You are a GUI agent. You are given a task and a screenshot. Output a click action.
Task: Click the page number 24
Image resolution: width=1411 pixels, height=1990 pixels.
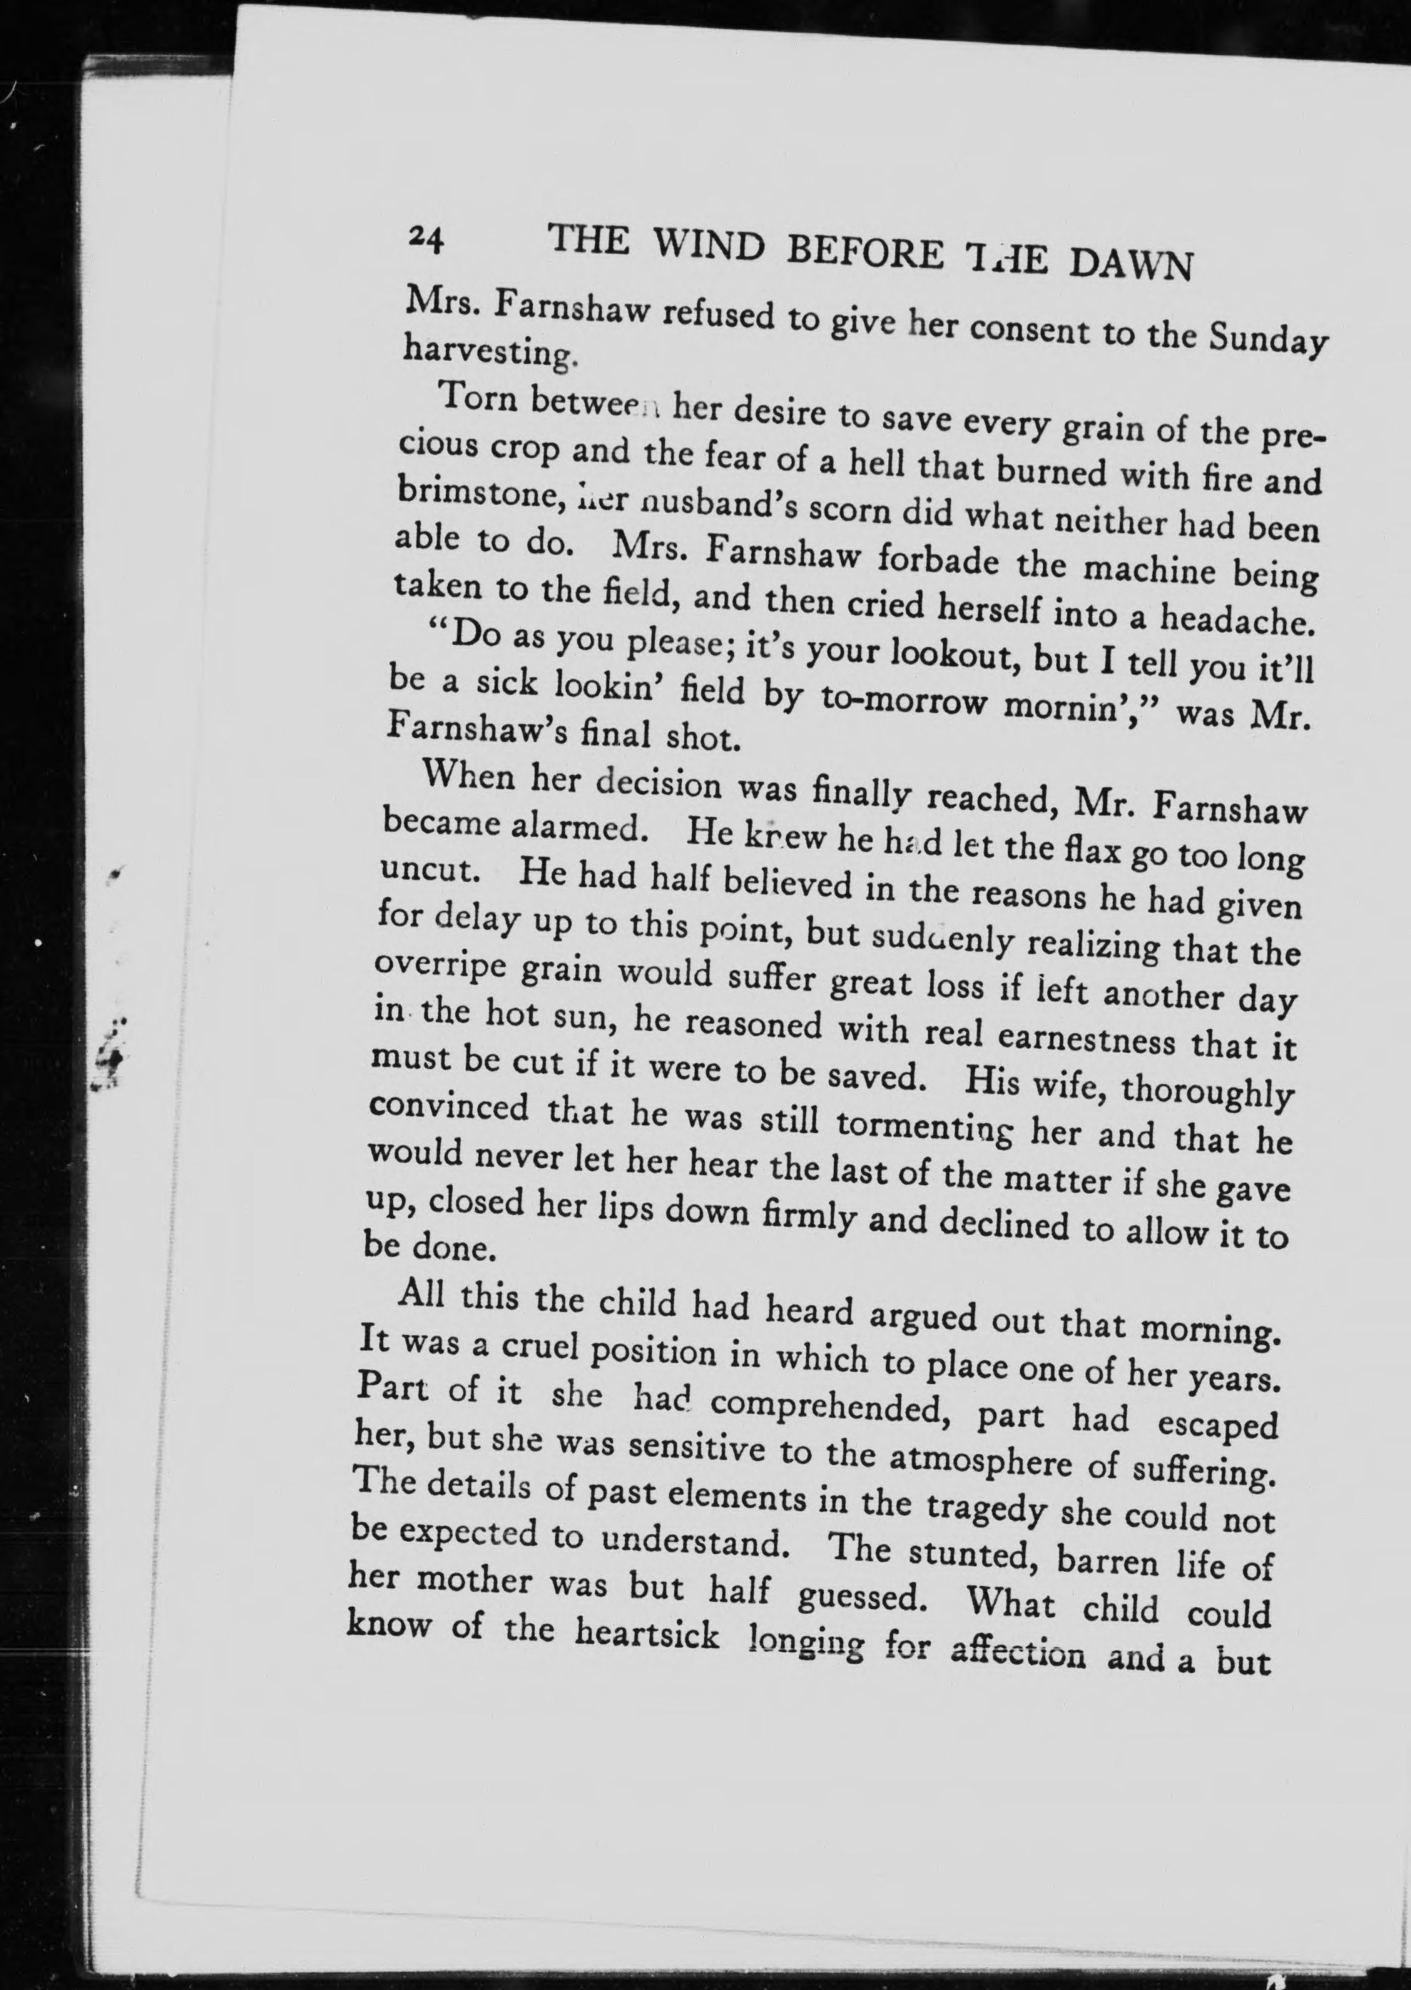[x=426, y=237]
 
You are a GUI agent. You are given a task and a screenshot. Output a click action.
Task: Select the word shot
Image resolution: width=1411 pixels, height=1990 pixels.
[x=701, y=738]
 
